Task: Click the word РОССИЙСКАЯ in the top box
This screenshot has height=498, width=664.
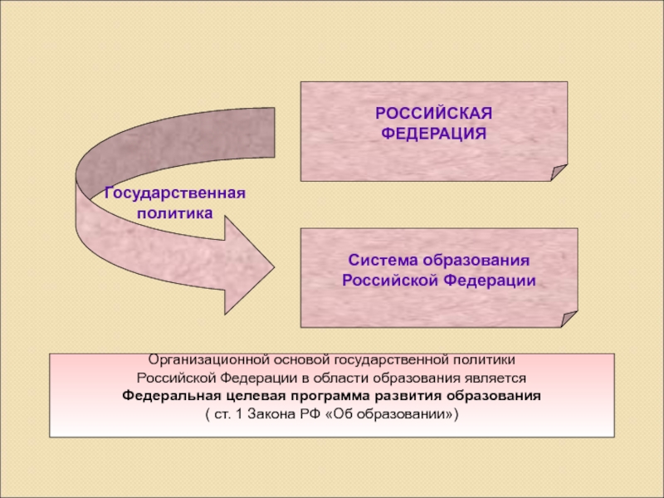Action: [434, 113]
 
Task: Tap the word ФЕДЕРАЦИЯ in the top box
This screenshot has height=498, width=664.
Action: [434, 133]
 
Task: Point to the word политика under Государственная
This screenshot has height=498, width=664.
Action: [175, 212]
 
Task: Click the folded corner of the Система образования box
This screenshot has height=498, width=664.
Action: [569, 320]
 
